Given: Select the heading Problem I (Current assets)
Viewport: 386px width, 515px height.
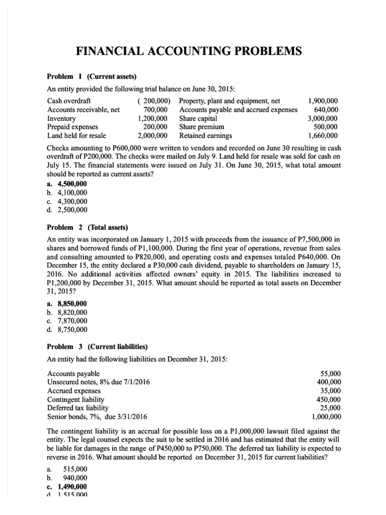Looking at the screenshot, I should point(91,76).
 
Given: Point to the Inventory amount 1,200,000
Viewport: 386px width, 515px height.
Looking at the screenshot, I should point(152,118).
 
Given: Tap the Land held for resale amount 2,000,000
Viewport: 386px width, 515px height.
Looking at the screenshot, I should point(152,135).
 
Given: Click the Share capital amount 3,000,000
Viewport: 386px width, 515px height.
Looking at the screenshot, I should point(323,118).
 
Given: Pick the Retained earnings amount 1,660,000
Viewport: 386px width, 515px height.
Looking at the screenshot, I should point(323,135).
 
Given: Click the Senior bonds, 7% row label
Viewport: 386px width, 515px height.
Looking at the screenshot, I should point(97,416).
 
